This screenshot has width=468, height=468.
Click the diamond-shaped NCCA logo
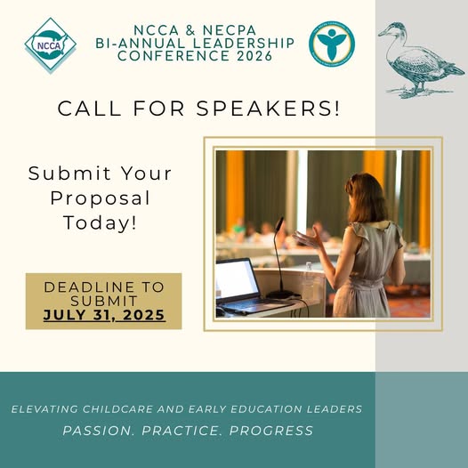click(51, 44)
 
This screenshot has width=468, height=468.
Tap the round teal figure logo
click(332, 44)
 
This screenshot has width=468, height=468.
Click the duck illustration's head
click(393, 30)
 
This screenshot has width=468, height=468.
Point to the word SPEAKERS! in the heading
click(268, 108)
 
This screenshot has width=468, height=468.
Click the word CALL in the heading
click(89, 109)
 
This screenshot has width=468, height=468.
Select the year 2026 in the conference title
click(254, 56)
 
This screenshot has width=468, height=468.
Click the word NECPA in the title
click(230, 30)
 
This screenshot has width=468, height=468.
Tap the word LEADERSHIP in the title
click(244, 43)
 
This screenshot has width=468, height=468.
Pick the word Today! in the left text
click(100, 222)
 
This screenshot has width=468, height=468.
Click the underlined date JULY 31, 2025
click(104, 315)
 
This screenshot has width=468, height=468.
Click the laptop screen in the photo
click(237, 280)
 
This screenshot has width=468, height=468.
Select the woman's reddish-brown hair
click(367, 198)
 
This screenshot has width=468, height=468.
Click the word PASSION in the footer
click(97, 431)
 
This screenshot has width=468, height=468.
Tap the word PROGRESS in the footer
click(271, 431)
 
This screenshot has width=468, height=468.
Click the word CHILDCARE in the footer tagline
click(118, 409)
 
